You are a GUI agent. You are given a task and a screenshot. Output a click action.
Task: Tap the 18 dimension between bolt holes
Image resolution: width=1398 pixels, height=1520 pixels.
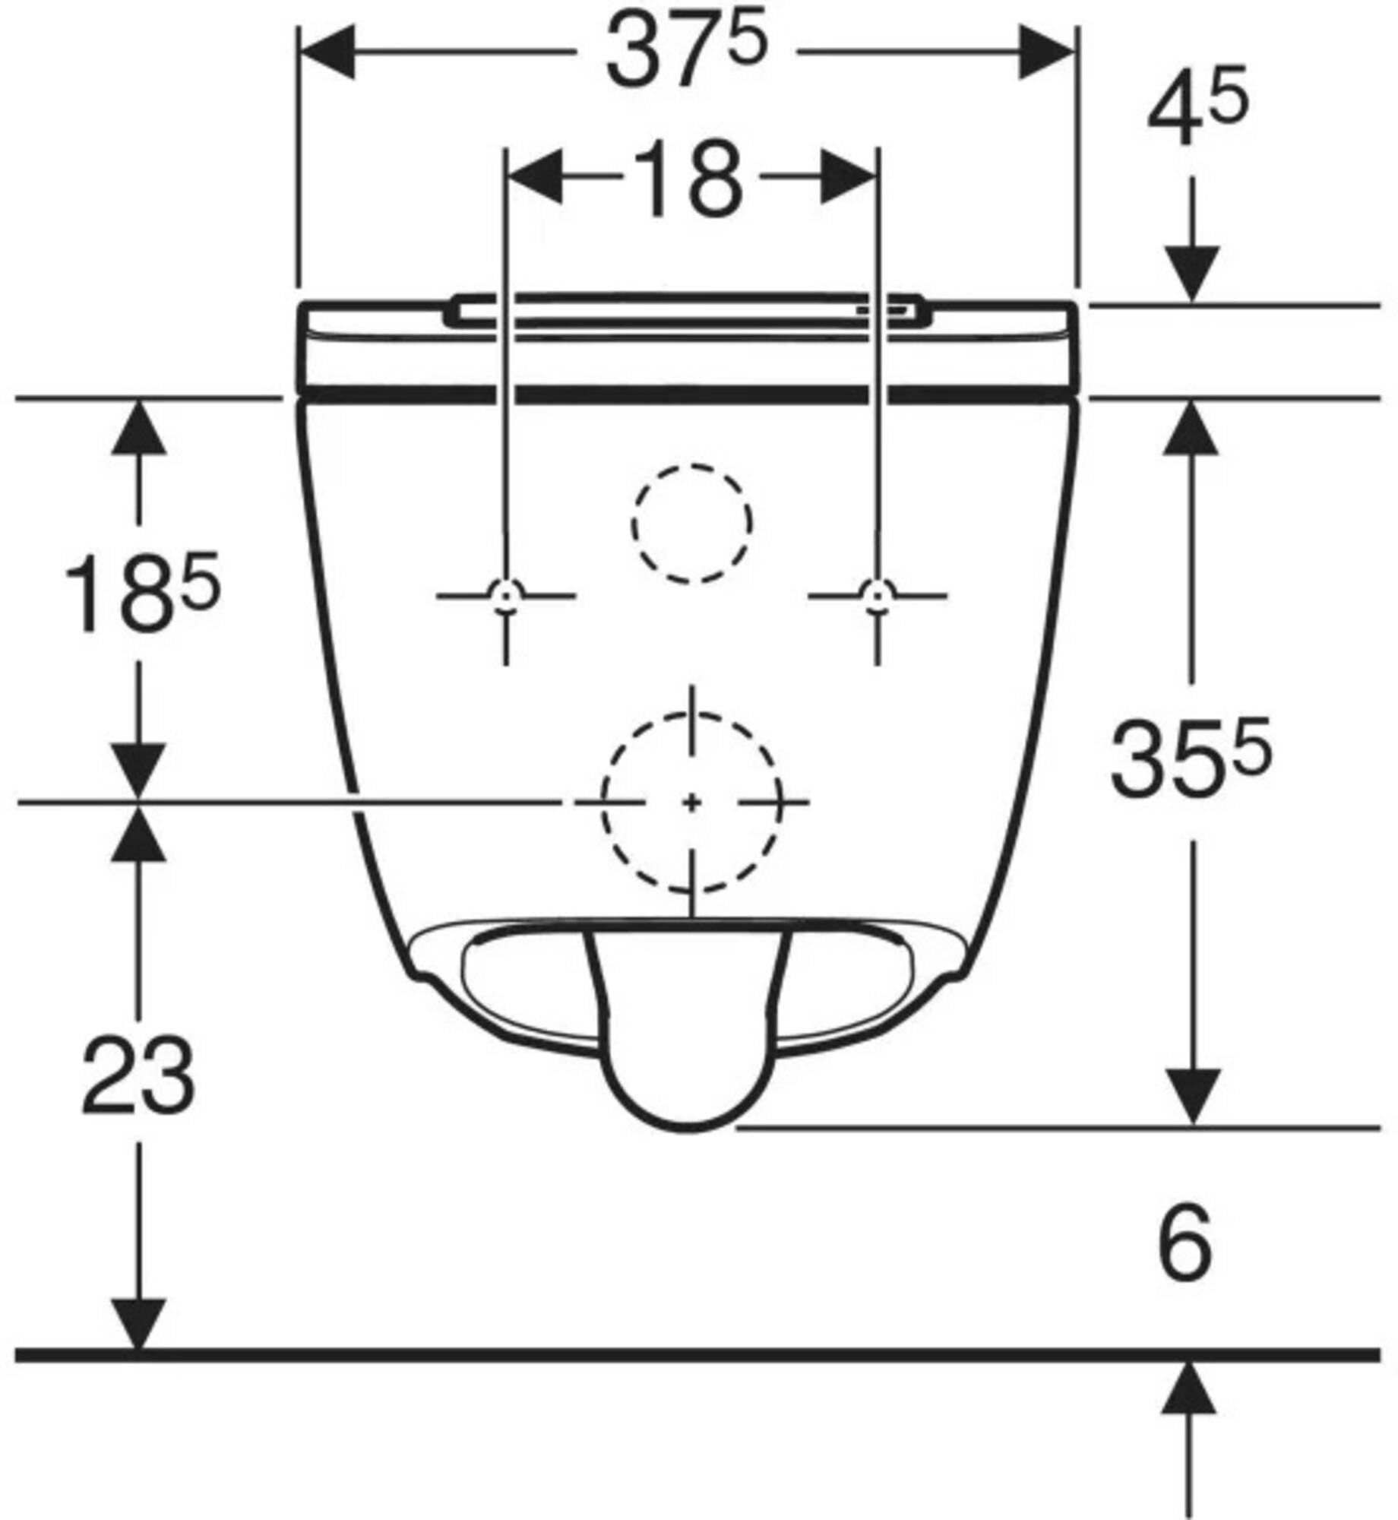688,179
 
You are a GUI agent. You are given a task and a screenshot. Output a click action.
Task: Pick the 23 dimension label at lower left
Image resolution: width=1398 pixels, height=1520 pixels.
138,1075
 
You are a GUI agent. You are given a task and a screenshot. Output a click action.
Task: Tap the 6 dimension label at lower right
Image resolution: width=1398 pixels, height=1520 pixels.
1185,1252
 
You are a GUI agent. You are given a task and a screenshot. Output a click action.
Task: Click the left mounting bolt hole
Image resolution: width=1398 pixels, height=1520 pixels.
506,595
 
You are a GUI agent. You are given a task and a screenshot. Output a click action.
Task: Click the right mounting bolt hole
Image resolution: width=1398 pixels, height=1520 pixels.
878,595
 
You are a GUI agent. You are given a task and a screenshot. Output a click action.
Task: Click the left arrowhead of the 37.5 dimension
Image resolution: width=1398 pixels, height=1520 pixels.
327,52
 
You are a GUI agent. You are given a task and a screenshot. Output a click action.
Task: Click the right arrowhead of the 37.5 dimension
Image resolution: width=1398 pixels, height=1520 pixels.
1046,52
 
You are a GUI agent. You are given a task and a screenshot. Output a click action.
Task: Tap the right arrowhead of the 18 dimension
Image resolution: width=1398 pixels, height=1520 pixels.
849,177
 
